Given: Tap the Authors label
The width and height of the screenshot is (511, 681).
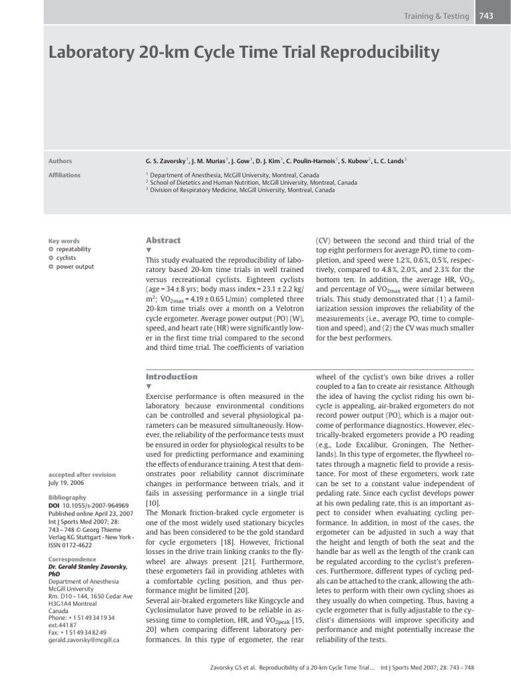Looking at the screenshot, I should (x=61, y=161).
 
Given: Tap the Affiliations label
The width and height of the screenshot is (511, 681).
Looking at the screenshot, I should (x=65, y=175).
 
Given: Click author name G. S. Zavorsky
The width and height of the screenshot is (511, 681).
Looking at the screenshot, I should (x=166, y=161).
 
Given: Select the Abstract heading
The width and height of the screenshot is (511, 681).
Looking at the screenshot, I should (x=163, y=240).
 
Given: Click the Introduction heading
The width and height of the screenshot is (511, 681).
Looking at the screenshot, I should (x=172, y=376).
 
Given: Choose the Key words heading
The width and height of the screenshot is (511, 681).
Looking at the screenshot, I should (x=64, y=241).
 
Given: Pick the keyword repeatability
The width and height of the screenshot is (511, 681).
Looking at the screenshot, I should (x=74, y=249).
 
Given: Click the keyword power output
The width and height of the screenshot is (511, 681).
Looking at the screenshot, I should (x=75, y=267).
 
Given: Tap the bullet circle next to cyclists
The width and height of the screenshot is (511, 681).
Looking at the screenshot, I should (x=51, y=258).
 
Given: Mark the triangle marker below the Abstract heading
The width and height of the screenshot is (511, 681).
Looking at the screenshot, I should (x=148, y=250).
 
